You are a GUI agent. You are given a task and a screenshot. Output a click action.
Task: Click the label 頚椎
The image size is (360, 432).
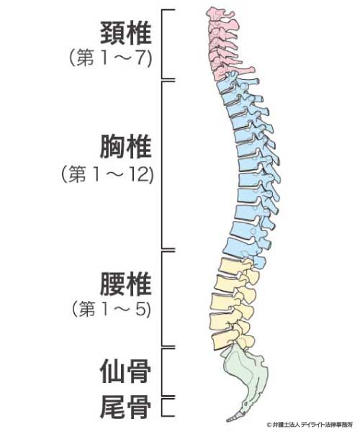coord(125,33)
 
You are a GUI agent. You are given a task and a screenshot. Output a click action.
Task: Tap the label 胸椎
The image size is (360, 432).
coord(125,146)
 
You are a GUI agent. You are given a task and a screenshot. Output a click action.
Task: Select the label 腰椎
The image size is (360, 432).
coord(125,284)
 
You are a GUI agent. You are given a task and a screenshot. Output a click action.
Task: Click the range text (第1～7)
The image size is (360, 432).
coord(111,58)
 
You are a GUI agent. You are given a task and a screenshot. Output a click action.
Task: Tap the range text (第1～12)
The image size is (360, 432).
coord(107,174)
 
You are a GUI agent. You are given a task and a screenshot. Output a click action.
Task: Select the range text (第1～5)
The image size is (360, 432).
coord(112,309)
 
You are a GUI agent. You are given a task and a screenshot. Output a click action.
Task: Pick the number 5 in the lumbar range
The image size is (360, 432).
coord(142,309)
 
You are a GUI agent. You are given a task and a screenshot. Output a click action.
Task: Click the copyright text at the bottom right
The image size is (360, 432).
coord(310,425)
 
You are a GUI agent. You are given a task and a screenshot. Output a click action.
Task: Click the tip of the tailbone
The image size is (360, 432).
coord(228,420)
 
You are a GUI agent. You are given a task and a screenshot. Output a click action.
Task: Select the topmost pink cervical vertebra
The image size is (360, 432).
coord(220,14)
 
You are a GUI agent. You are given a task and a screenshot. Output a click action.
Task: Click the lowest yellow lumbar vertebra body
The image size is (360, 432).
coord(224,340)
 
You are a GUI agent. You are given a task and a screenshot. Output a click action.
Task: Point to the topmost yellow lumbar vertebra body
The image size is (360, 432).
coord(230,266)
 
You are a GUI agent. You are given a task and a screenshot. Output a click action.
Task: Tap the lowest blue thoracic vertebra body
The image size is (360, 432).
coord(239,247)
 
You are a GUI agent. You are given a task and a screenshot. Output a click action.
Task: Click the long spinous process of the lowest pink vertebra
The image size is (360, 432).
coord(243,71)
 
